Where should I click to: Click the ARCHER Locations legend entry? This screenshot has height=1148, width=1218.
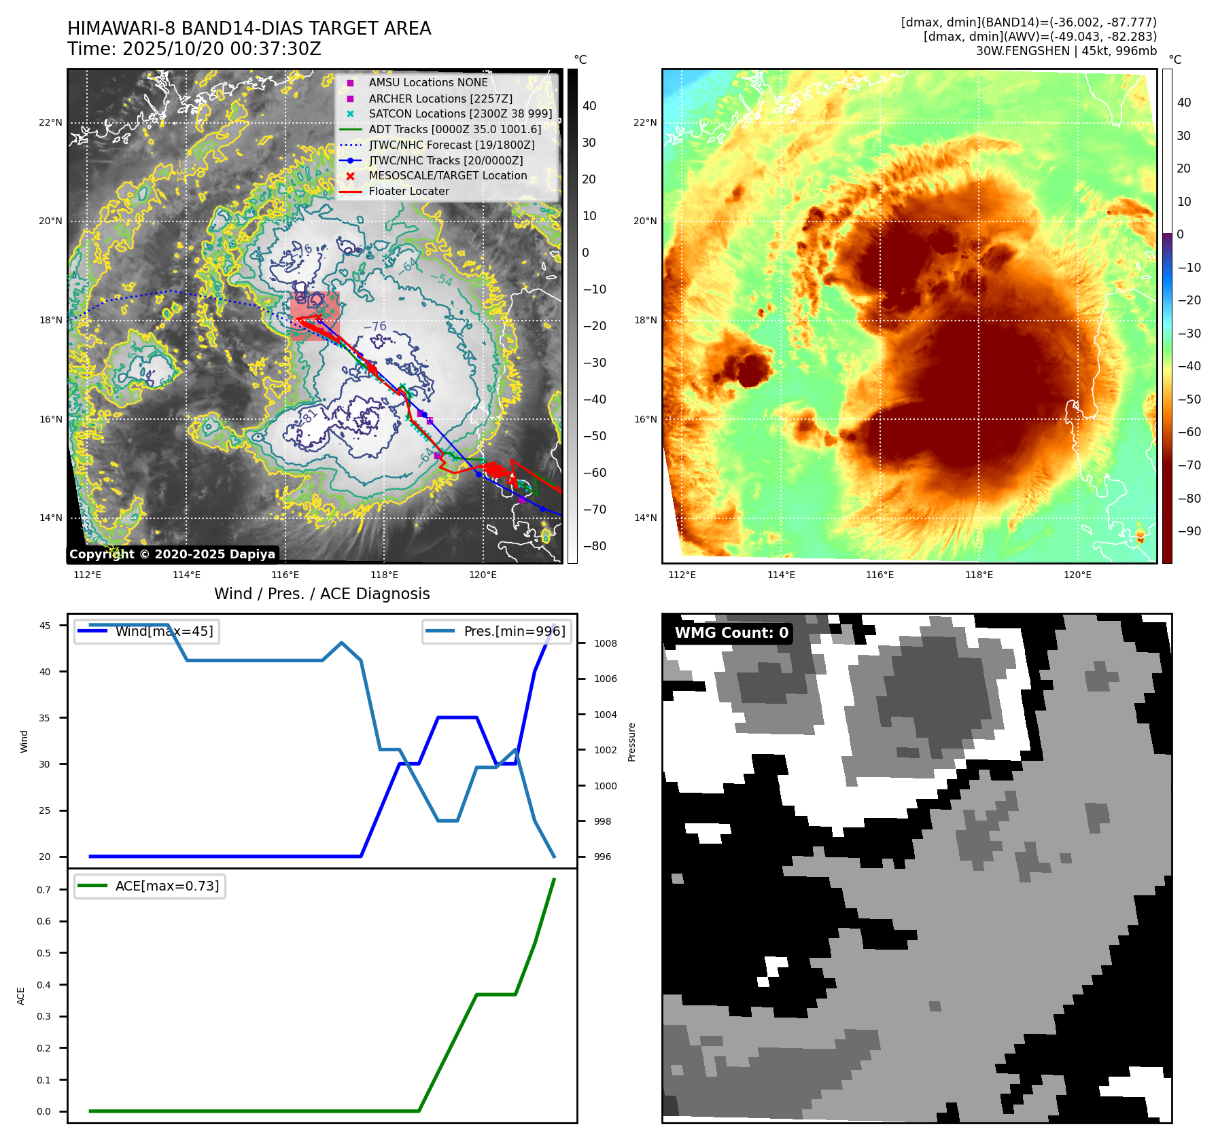(x=440, y=98)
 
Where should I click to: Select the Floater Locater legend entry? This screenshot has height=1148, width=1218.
(x=408, y=192)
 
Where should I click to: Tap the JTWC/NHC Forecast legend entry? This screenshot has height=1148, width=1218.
(x=451, y=145)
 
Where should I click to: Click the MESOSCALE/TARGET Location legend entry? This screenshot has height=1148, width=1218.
(x=447, y=176)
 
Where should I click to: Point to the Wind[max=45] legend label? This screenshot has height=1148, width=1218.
(x=164, y=632)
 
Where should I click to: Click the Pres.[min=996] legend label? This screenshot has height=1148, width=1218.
(x=514, y=632)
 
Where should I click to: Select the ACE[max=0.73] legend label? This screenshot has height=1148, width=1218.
(x=167, y=886)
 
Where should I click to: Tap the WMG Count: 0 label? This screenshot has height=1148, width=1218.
(x=731, y=633)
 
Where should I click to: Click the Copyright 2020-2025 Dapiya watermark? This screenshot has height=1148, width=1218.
(x=172, y=554)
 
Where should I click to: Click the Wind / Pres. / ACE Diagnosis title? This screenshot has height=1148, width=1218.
(x=321, y=594)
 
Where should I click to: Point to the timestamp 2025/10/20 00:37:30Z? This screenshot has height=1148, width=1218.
(x=221, y=50)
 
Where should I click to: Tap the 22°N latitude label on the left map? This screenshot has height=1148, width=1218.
(x=50, y=123)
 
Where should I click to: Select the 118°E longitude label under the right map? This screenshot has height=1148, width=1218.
(x=979, y=575)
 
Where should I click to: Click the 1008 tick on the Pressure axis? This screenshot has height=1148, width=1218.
(x=605, y=644)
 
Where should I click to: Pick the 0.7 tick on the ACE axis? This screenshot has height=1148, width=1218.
(x=43, y=890)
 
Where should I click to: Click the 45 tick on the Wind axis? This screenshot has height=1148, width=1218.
(x=45, y=626)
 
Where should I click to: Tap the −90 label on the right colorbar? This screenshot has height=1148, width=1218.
(x=1189, y=532)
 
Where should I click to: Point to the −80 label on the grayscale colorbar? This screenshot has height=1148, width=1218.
(x=594, y=546)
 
